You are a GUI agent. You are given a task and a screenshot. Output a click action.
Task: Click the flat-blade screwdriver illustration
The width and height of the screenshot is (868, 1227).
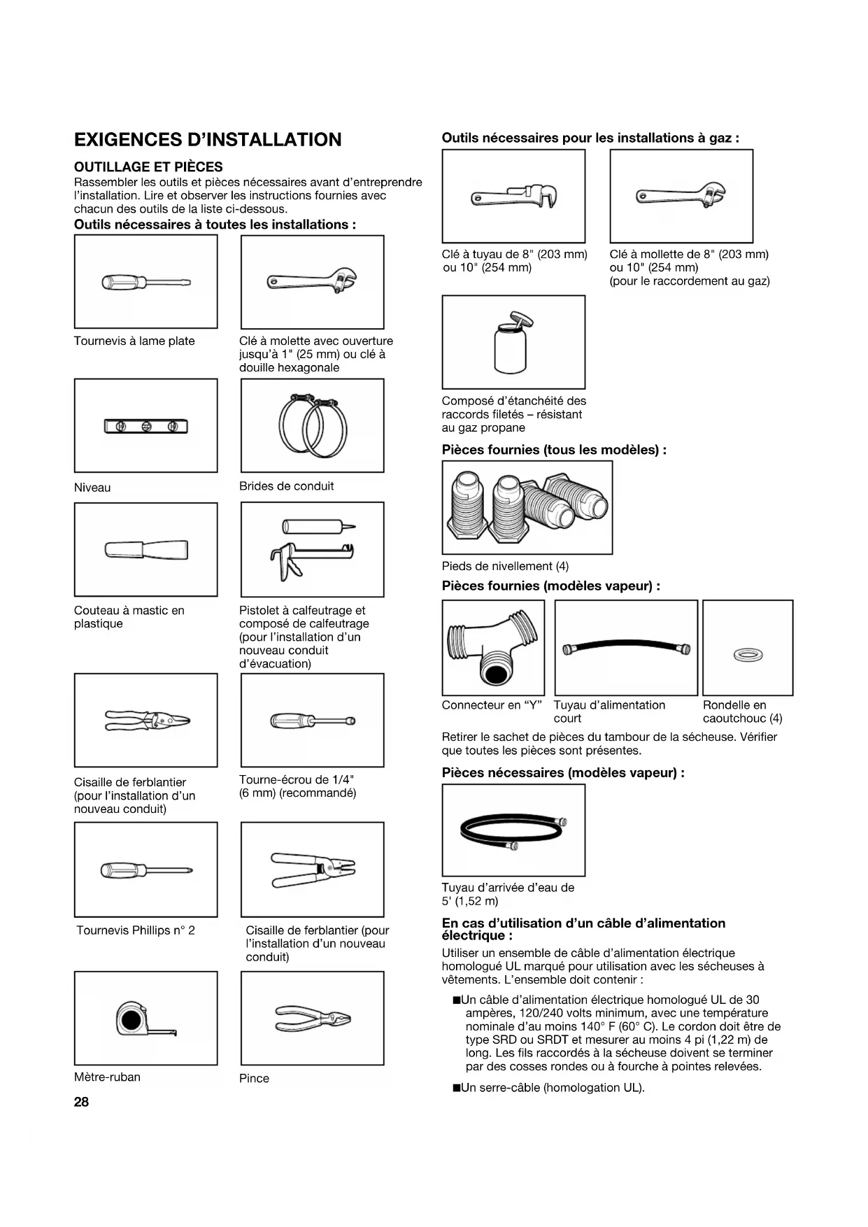pyautogui.click(x=146, y=283)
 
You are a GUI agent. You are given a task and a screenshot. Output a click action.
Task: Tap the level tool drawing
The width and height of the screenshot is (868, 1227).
pyautogui.click(x=146, y=426)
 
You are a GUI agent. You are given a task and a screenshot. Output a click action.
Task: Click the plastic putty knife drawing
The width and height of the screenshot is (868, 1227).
pyautogui.click(x=146, y=550)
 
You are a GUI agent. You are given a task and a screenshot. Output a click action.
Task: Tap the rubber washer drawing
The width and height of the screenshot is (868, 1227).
pyautogui.click(x=748, y=655)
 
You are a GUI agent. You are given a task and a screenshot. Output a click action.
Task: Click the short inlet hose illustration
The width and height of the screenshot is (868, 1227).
pyautogui.click(x=626, y=648)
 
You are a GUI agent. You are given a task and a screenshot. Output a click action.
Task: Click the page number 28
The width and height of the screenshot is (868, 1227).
pyautogui.click(x=82, y=1102)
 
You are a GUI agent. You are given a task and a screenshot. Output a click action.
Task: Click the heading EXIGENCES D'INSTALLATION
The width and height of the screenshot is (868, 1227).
pyautogui.click(x=208, y=140)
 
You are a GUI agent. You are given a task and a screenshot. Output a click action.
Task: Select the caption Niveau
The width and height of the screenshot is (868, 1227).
pyautogui.click(x=92, y=488)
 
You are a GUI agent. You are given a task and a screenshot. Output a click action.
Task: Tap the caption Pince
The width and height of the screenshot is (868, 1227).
pyautogui.click(x=254, y=1078)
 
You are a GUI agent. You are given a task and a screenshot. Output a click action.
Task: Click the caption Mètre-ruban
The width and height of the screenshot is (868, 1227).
pyautogui.click(x=107, y=1077)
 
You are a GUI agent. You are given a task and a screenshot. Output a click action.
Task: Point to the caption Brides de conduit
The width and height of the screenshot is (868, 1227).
pyautogui.click(x=286, y=486)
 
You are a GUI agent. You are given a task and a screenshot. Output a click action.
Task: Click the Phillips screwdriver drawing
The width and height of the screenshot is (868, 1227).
pyautogui.click(x=146, y=870)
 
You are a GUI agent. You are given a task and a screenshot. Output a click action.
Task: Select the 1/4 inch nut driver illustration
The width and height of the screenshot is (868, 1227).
pyautogui.click(x=312, y=720)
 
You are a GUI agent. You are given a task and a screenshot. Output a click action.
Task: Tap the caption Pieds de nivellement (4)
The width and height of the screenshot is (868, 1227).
pyautogui.click(x=505, y=566)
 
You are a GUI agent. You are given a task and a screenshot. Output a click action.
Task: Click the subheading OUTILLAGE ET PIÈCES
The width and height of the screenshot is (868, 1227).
pyautogui.click(x=148, y=166)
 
